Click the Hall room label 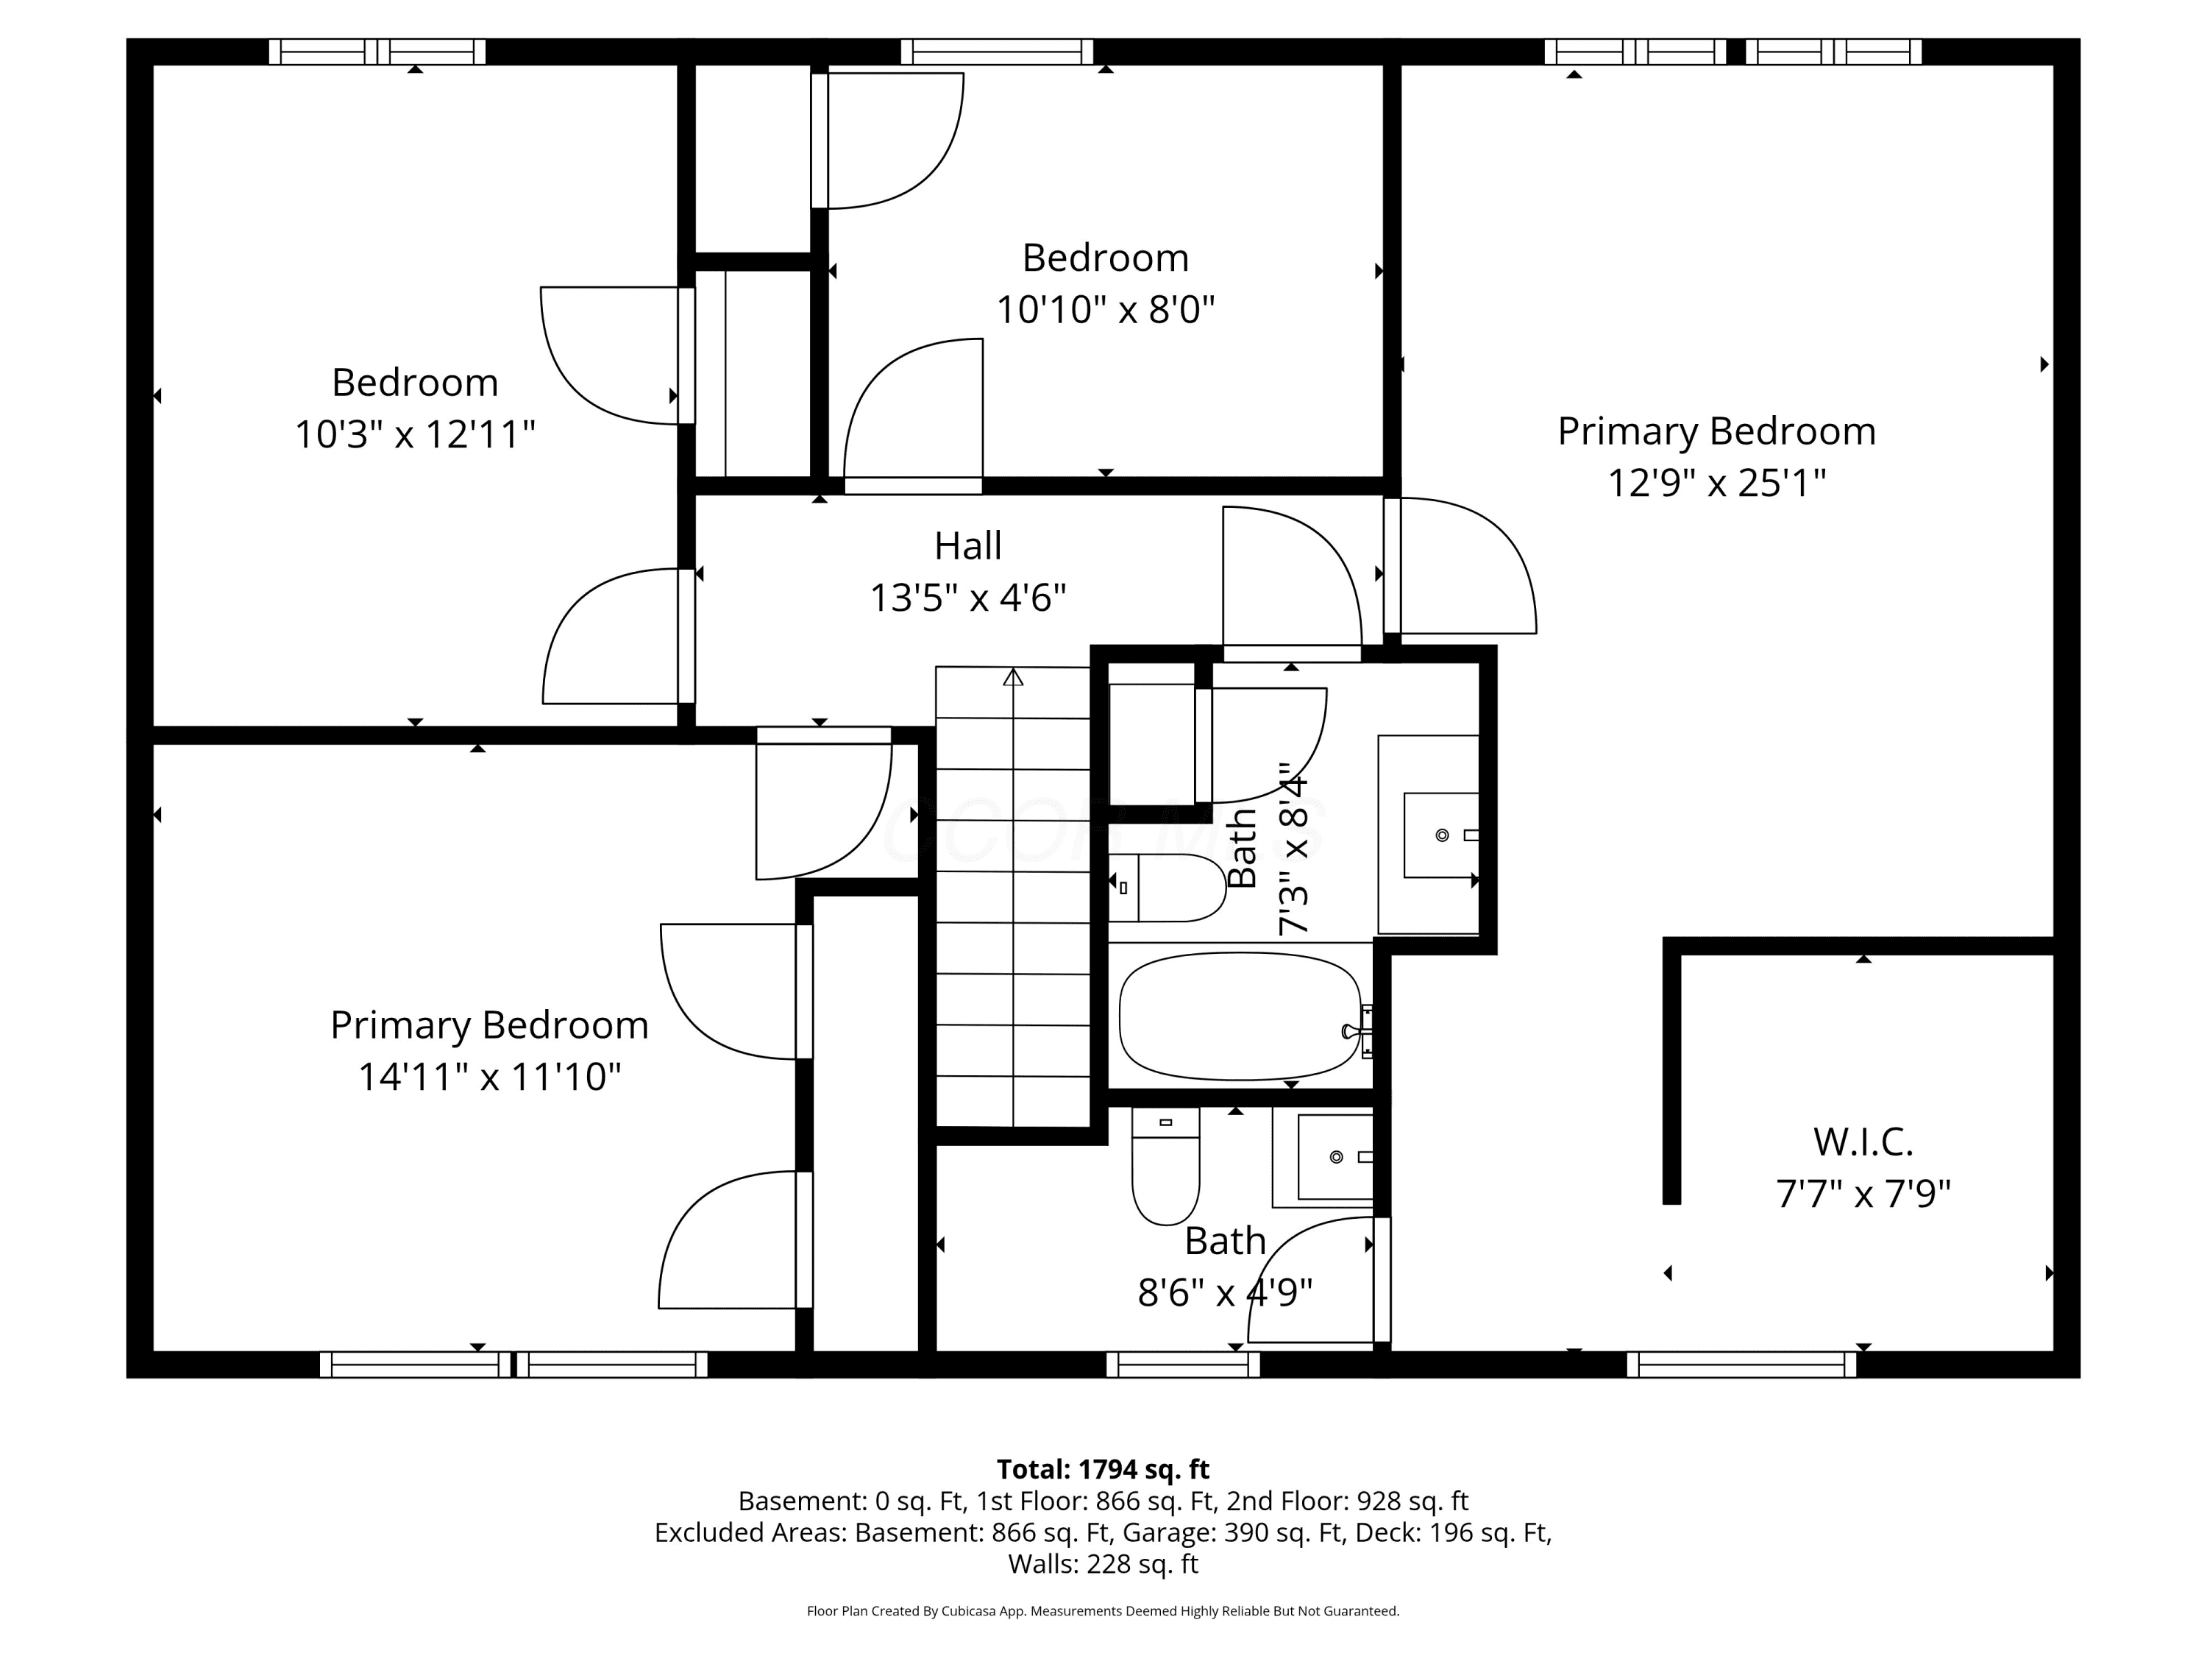coord(968,546)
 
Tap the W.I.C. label coord(1863,1141)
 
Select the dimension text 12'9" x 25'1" coord(1716,483)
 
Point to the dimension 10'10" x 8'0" coord(1106,309)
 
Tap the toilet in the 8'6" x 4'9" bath coord(1165,1165)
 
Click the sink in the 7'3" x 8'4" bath coord(1440,835)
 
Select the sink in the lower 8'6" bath coord(1335,1157)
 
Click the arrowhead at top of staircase coord(1013,677)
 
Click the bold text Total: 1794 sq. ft coord(1103,1469)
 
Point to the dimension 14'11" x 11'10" coord(489,1077)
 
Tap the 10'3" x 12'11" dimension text coord(415,434)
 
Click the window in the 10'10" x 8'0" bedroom coord(997,51)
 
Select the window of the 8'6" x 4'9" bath coord(1182,1364)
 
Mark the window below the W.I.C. coord(1741,1364)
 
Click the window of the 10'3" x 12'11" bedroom coord(377,51)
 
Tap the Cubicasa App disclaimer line coord(1103,1610)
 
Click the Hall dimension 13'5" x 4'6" coord(968,598)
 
